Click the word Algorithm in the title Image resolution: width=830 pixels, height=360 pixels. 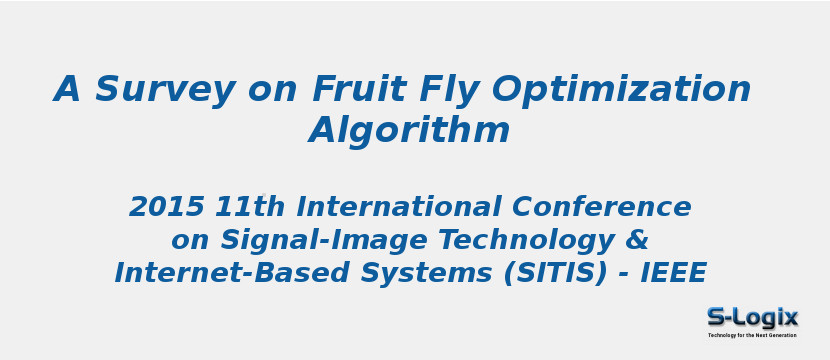pyautogui.click(x=410, y=131)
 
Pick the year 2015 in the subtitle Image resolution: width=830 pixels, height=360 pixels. pyautogui.click(x=166, y=208)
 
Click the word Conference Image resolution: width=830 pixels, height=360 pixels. pyautogui.click(x=601, y=208)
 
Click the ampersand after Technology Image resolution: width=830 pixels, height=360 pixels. pyautogui.click(x=638, y=241)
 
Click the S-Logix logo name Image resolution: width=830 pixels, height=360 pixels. pyautogui.click(x=752, y=318)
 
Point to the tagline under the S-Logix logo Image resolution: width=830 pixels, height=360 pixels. pyautogui.click(x=752, y=335)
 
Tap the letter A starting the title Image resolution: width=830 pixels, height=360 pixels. pyautogui.click(x=67, y=90)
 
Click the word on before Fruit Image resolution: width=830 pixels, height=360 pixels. pyautogui.click(x=273, y=90)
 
